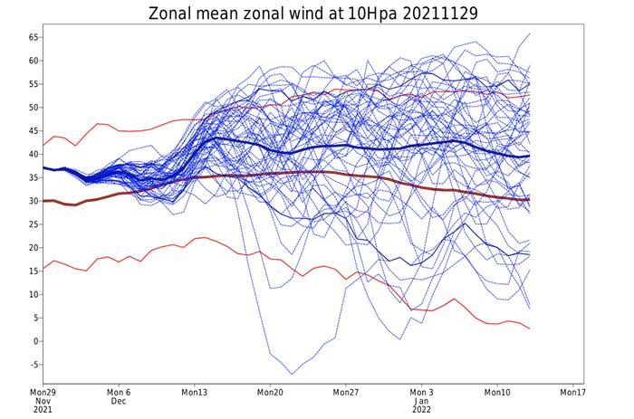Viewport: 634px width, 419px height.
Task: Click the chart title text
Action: pyautogui.click(x=316, y=14)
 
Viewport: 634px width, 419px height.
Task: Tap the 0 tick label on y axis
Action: pyautogui.click(x=35, y=341)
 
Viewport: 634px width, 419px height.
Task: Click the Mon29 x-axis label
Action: pyautogui.click(x=43, y=393)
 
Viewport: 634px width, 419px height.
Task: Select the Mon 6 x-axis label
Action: pyautogui.click(x=119, y=393)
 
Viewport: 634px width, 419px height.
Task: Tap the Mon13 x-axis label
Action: pyautogui.click(x=194, y=393)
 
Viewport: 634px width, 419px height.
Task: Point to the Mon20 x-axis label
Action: pyautogui.click(x=270, y=393)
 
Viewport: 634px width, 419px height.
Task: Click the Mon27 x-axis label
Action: pyautogui.click(x=345, y=393)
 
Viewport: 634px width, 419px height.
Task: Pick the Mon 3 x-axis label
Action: pyautogui.click(x=421, y=393)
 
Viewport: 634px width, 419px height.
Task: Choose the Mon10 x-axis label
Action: pyautogui.click(x=496, y=393)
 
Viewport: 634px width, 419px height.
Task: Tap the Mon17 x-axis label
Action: pyautogui.click(x=572, y=393)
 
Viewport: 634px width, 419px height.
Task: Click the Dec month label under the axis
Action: pyautogui.click(x=119, y=402)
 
